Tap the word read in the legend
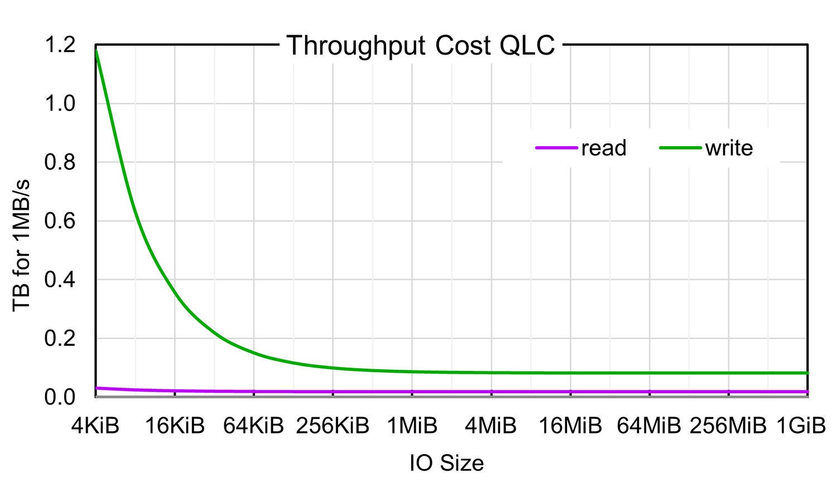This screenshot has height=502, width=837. [x=604, y=148]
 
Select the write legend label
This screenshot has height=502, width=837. [x=729, y=148]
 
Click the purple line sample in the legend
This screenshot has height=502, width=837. [x=556, y=148]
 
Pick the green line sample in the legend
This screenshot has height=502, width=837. [x=680, y=148]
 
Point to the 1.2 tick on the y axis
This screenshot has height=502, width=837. [x=60, y=45]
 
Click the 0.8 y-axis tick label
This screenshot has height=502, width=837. [x=60, y=162]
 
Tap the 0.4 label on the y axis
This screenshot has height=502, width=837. [x=60, y=280]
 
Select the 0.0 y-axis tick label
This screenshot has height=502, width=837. [x=60, y=397]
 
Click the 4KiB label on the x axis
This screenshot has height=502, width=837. [x=95, y=427]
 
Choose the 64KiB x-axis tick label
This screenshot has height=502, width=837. [x=254, y=427]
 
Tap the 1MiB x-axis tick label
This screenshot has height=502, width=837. [x=412, y=427]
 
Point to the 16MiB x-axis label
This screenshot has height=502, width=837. [x=570, y=427]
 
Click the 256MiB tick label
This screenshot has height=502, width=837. [x=728, y=427]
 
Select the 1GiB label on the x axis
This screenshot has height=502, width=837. [x=801, y=427]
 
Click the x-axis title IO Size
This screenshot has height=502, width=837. [x=446, y=464]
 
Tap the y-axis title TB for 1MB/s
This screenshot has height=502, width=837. [x=22, y=245]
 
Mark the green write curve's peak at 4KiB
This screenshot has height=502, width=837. [x=97, y=50]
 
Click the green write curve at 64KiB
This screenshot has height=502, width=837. [x=254, y=353]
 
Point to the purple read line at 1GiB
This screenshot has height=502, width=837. [x=807, y=392]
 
